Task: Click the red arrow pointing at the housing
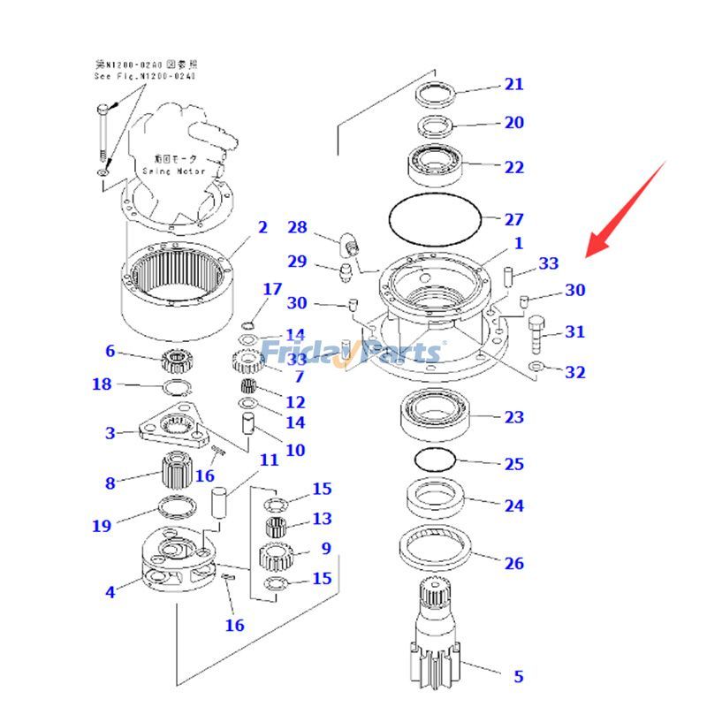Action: (629, 208)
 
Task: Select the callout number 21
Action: (513, 85)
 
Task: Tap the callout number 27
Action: (513, 219)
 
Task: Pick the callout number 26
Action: (513, 563)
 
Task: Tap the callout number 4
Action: (110, 592)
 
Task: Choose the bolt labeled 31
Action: (538, 335)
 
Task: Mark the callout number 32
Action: (575, 372)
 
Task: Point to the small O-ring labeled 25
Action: (434, 460)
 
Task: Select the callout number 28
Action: (297, 228)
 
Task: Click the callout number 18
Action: (103, 384)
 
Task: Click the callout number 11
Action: (269, 460)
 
